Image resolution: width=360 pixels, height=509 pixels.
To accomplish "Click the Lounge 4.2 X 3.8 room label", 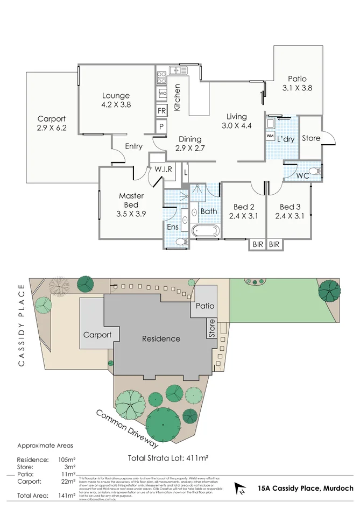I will pos(116,101).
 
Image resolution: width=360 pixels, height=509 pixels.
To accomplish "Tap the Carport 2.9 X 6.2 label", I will pos(52,123).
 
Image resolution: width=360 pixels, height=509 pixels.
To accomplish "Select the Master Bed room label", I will pos(131,204).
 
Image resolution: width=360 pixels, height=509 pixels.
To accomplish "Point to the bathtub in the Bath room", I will pos(206,232).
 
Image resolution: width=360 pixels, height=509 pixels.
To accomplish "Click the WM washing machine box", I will pos(270,136).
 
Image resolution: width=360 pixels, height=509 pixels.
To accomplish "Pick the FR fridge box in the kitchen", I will pos(161,111).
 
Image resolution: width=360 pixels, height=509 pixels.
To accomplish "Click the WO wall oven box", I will pos(161,93).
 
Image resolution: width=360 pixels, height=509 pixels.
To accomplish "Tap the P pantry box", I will pos(161,126).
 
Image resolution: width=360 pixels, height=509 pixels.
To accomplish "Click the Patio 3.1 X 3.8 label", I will pos(297,83).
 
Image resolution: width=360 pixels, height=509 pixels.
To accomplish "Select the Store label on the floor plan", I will pos(311,138).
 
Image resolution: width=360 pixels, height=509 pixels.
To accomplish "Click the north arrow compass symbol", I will pos(241,488).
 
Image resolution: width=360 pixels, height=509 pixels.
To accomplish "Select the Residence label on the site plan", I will pos(161,338).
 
